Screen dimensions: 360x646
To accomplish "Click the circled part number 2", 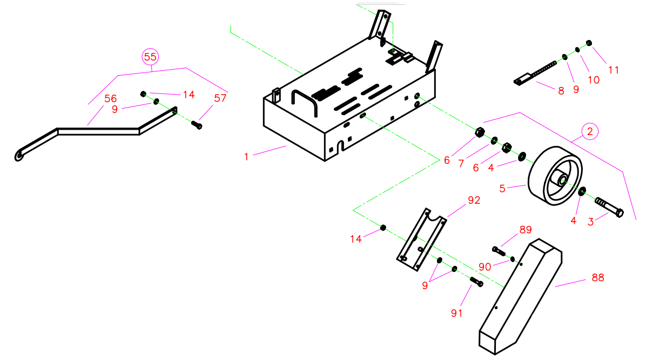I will [x=590, y=131].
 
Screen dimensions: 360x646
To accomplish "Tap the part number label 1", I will [x=246, y=157].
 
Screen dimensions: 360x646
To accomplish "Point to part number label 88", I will [x=597, y=278].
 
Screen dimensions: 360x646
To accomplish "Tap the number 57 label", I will [x=220, y=98].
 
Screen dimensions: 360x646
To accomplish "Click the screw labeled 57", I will [x=197, y=125].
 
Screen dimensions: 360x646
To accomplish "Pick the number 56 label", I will [x=111, y=98].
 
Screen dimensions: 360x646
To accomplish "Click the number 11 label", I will [x=613, y=70].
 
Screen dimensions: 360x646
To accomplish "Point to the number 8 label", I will [x=561, y=91].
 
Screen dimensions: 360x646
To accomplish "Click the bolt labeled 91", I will [x=476, y=282].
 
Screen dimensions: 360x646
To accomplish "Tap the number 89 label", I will [x=526, y=230].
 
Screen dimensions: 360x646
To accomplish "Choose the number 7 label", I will [x=461, y=163].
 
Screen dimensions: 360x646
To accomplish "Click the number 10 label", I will [x=594, y=80].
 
